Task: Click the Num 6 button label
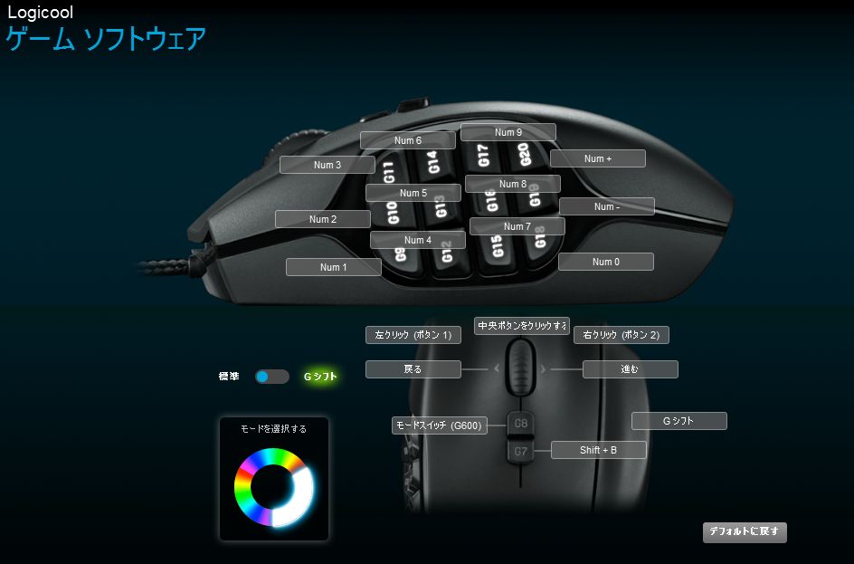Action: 407,140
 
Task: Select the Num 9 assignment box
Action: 508,132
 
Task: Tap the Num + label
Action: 597,158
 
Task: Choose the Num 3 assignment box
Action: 327,165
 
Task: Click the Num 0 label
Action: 605,262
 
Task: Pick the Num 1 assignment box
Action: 333,267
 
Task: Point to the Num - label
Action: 606,206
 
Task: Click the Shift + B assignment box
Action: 598,450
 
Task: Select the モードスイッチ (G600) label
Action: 439,425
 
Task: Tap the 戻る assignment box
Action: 413,369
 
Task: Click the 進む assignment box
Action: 630,369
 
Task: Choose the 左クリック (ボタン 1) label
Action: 413,335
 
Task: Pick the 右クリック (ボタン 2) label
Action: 621,335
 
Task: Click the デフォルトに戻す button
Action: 744,531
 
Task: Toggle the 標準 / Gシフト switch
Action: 271,377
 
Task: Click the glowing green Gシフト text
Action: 320,377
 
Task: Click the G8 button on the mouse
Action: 520,423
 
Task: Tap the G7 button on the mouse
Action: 520,450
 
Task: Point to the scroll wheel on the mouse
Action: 519,365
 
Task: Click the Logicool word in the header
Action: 40,13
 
